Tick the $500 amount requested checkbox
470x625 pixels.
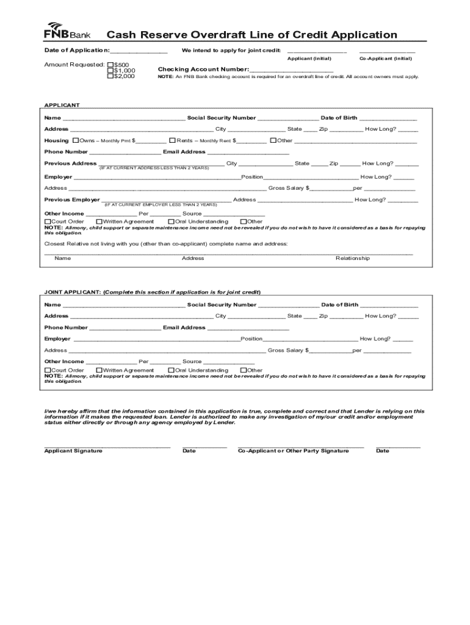(x=110, y=64)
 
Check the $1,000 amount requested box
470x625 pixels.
(x=110, y=70)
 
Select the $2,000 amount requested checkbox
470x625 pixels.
(x=110, y=76)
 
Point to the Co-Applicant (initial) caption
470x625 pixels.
(x=385, y=59)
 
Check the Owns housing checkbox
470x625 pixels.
(x=75, y=140)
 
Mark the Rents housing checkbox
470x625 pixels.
(x=172, y=140)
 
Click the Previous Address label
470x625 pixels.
(x=70, y=164)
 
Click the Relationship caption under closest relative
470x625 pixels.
(x=352, y=258)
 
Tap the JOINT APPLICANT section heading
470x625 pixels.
(x=73, y=292)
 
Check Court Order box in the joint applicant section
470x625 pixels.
(x=48, y=370)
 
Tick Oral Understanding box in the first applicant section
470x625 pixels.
(x=171, y=222)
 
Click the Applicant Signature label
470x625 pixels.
(x=73, y=451)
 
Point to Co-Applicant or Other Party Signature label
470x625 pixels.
(x=293, y=451)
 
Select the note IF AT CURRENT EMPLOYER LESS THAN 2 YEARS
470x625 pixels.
(x=161, y=204)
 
